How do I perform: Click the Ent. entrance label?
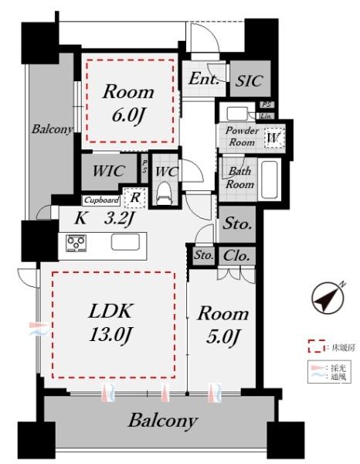[203, 79]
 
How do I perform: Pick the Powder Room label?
[241, 136]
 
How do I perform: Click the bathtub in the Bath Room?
[270, 180]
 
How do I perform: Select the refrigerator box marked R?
[135, 197]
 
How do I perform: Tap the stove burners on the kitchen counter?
[76, 243]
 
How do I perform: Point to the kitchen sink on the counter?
[127, 242]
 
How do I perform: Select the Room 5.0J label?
[222, 325]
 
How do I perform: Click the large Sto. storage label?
[238, 225]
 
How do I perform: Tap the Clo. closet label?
[237, 256]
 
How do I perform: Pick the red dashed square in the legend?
[313, 346]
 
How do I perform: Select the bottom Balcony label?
[162, 421]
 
